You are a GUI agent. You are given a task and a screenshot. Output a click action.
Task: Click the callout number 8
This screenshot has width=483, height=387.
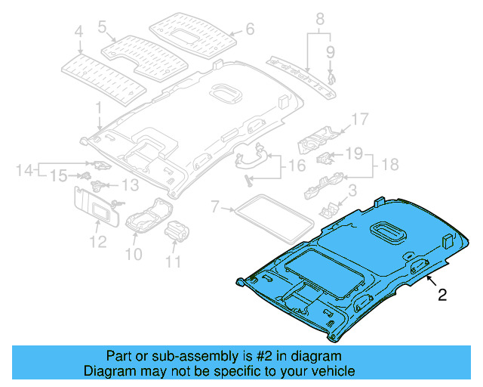pyautogui.click(x=319, y=17)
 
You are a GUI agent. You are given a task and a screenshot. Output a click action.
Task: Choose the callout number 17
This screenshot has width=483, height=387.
pyautogui.click(x=358, y=119)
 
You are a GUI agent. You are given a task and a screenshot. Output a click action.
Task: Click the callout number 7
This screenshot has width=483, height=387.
pyautogui.click(x=215, y=206)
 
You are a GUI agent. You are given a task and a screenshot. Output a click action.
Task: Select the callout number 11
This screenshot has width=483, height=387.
pyautogui.click(x=174, y=262)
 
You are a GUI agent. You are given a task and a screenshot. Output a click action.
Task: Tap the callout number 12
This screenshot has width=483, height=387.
pyautogui.click(x=97, y=242)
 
